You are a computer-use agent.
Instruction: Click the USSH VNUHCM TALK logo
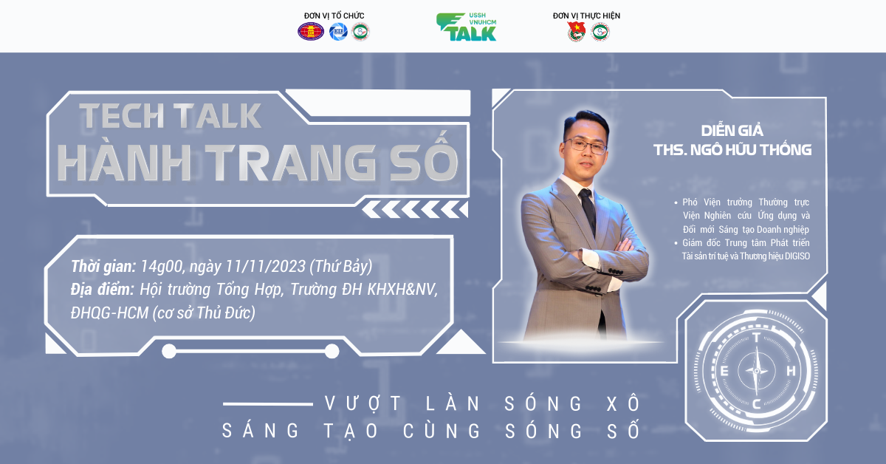click(x=467, y=27)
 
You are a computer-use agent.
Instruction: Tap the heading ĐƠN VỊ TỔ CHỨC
click(x=334, y=16)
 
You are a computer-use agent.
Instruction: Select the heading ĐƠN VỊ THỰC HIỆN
click(x=586, y=16)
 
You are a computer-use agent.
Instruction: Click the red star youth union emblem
click(x=576, y=32)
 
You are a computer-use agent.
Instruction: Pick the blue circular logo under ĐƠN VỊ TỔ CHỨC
click(x=338, y=32)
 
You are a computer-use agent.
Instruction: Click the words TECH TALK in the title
click(x=171, y=115)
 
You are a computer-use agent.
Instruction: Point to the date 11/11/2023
click(x=265, y=267)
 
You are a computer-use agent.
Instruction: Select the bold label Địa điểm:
click(x=103, y=290)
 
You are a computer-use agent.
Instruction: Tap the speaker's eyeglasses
click(x=585, y=146)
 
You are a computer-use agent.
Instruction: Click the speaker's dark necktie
click(x=588, y=211)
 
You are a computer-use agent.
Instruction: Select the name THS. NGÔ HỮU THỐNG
click(x=732, y=150)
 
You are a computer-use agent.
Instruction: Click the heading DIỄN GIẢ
click(x=732, y=131)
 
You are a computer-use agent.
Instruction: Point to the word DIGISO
click(x=797, y=256)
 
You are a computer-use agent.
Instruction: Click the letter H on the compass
click(x=791, y=371)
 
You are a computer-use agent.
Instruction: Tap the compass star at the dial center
click(x=757, y=371)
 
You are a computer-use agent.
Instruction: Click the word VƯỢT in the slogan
click(x=363, y=404)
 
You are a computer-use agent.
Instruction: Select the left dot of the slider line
click(x=169, y=351)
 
